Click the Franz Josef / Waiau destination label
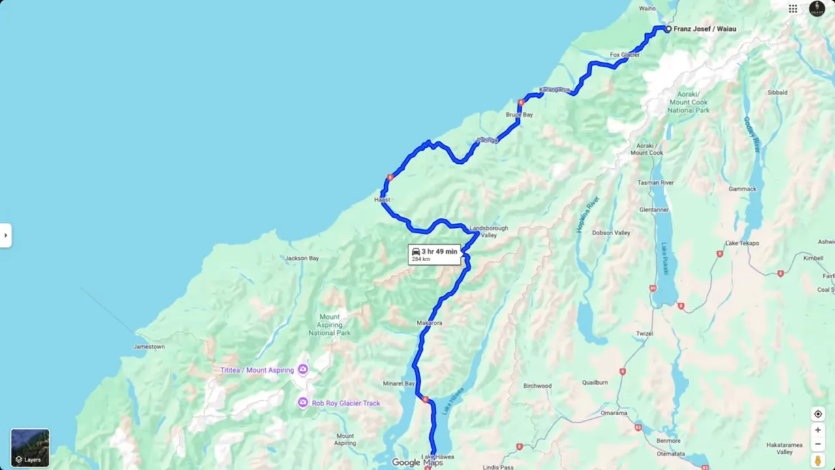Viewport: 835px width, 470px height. tap(705, 29)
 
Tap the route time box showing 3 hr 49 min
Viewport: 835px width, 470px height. tap(434, 254)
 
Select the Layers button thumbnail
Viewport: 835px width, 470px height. tap(29, 448)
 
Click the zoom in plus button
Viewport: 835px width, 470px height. tap(817, 430)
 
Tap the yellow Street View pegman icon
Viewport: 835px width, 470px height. tap(817, 461)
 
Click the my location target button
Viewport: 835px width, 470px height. tap(817, 414)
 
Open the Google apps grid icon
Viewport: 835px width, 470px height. tap(793, 8)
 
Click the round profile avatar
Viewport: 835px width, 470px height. tap(817, 8)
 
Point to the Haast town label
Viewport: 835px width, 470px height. tap(382, 200)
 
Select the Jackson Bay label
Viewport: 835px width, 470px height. tap(301, 258)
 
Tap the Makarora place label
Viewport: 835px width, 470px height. tap(429, 323)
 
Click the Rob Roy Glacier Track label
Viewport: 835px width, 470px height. tap(346, 403)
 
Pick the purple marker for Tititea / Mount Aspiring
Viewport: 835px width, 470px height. tap(303, 370)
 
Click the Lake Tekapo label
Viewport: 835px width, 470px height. tap(742, 243)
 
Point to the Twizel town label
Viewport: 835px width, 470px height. tap(645, 334)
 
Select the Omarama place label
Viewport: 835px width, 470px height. tap(613, 413)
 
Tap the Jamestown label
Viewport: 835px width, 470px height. tap(149, 347)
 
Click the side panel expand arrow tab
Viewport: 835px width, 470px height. tap(5, 235)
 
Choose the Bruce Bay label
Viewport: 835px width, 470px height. tap(519, 115)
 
